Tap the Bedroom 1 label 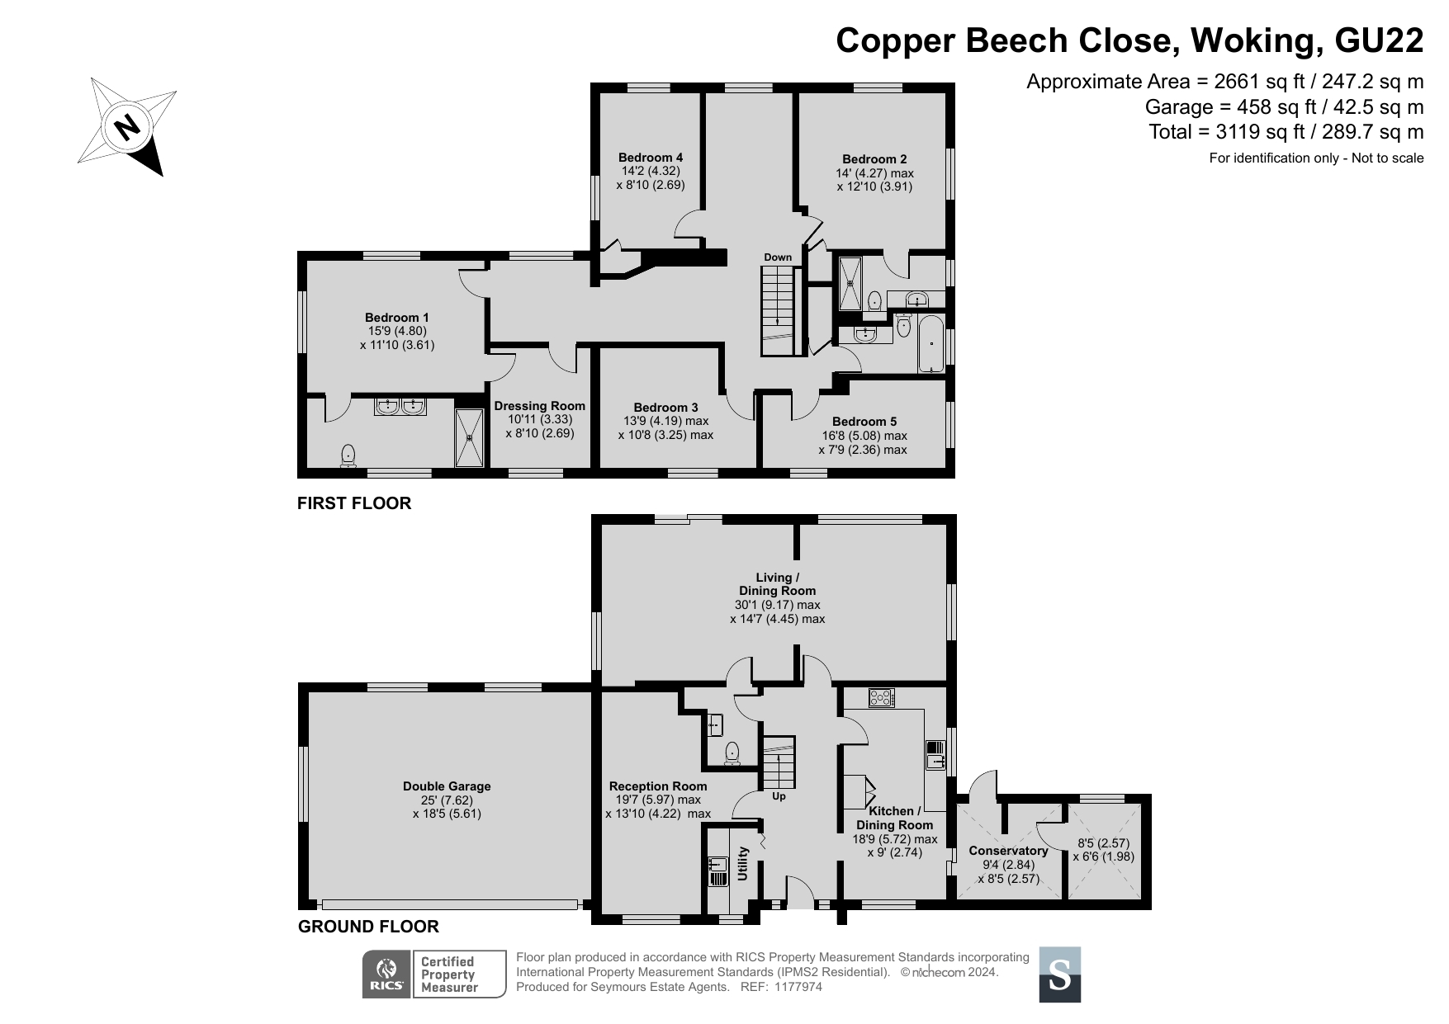pyautogui.click(x=397, y=318)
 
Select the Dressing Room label pyautogui.click(x=540, y=406)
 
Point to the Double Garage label pyautogui.click(x=447, y=786)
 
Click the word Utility pyautogui.click(x=743, y=863)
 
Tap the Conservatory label pyautogui.click(x=1008, y=851)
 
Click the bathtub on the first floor pyautogui.click(x=930, y=343)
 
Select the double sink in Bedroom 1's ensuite pyautogui.click(x=400, y=407)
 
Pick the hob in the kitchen pyautogui.click(x=882, y=698)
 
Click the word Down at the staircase pyautogui.click(x=778, y=257)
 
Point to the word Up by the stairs pyautogui.click(x=779, y=796)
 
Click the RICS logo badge pyautogui.click(x=386, y=974)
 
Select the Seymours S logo pyautogui.click(x=1059, y=974)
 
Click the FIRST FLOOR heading pyautogui.click(x=354, y=503)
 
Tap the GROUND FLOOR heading pyautogui.click(x=368, y=927)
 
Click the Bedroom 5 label pyautogui.click(x=864, y=422)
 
